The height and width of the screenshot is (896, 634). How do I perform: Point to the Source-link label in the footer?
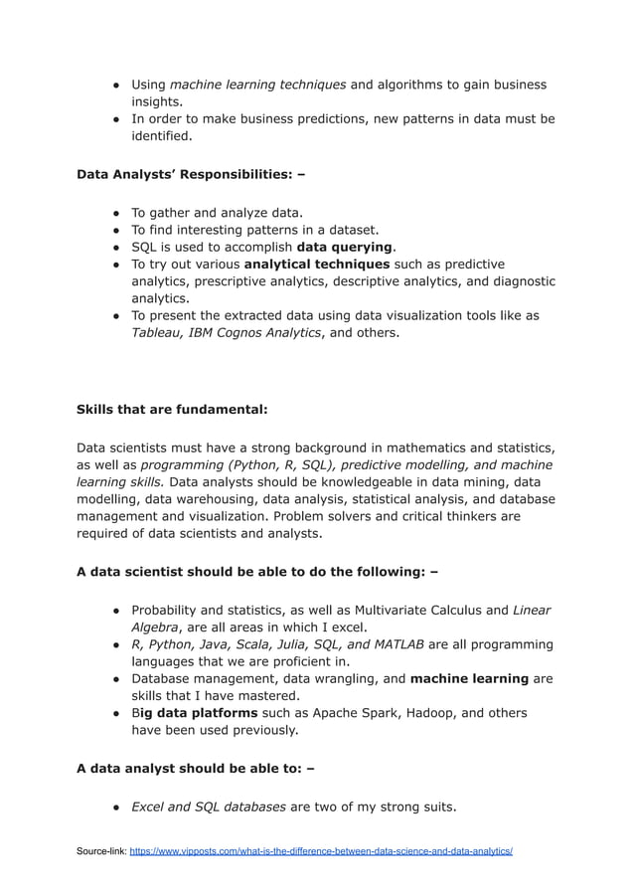[x=101, y=852]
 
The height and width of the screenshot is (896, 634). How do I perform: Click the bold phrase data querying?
[x=345, y=247]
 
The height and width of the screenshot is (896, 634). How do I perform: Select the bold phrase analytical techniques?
[x=316, y=264]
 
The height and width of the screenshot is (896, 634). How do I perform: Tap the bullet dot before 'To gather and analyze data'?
[x=116, y=213]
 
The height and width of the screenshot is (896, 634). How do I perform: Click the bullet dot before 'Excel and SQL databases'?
[x=116, y=806]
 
